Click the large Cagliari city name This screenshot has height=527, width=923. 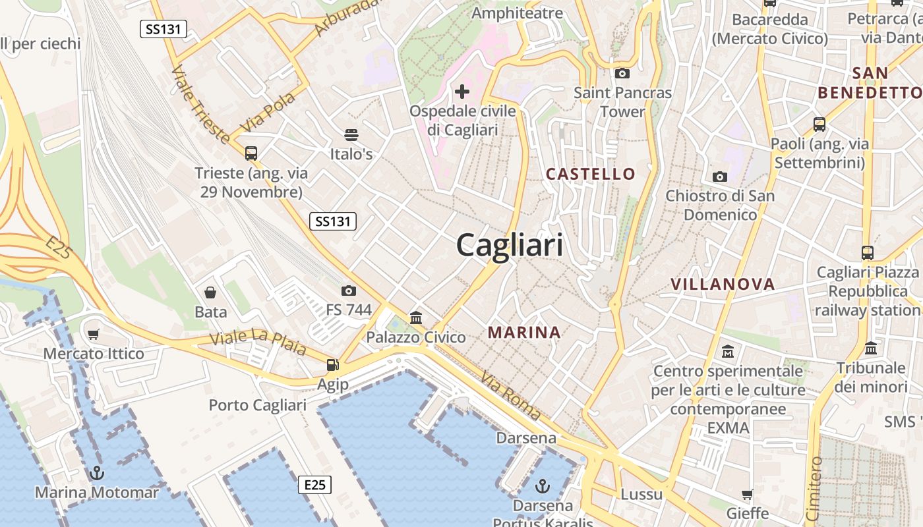[x=510, y=245]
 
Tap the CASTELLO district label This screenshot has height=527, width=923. [x=591, y=174]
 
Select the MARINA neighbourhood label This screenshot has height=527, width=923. [x=524, y=333]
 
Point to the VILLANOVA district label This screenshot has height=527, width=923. [x=723, y=284]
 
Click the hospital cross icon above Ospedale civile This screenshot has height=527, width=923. [x=462, y=91]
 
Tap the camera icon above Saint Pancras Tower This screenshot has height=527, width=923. [x=622, y=73]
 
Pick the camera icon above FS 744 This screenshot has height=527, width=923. [x=349, y=291]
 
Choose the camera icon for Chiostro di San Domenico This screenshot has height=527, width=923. [x=720, y=177]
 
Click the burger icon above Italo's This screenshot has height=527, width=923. [x=351, y=135]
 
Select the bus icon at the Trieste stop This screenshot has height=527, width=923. [x=251, y=153]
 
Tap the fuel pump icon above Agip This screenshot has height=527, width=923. [x=333, y=364]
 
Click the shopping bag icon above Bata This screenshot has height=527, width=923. [x=210, y=292]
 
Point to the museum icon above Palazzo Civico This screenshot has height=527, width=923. [x=416, y=318]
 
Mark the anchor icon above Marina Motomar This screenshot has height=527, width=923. [x=97, y=472]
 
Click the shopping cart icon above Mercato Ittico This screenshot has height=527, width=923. [x=93, y=335]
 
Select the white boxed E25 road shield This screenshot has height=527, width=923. [x=314, y=485]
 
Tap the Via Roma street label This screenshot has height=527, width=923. [x=510, y=395]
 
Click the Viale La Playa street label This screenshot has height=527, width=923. [x=258, y=343]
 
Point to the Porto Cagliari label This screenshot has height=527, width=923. [x=258, y=404]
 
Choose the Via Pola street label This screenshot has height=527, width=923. [x=268, y=112]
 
